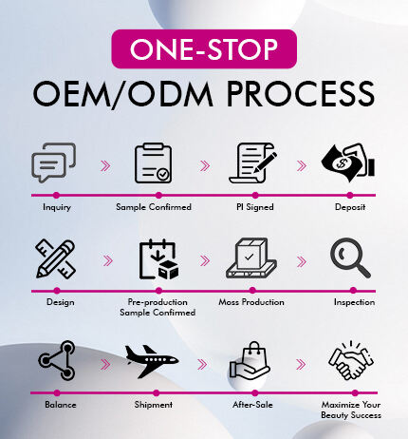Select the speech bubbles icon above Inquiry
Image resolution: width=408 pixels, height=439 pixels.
point(54,163)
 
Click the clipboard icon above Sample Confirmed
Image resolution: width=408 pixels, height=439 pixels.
point(153,163)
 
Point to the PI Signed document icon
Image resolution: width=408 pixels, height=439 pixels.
point(252,163)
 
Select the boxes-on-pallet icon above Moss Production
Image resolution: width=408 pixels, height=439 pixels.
point(252,259)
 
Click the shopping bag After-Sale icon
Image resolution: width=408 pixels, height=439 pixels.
point(252,360)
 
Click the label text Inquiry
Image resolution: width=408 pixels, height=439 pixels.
point(57,207)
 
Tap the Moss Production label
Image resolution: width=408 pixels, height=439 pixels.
point(253,302)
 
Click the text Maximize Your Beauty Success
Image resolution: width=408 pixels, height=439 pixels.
point(351,410)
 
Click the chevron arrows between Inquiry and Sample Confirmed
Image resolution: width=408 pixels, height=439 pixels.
point(103,164)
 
